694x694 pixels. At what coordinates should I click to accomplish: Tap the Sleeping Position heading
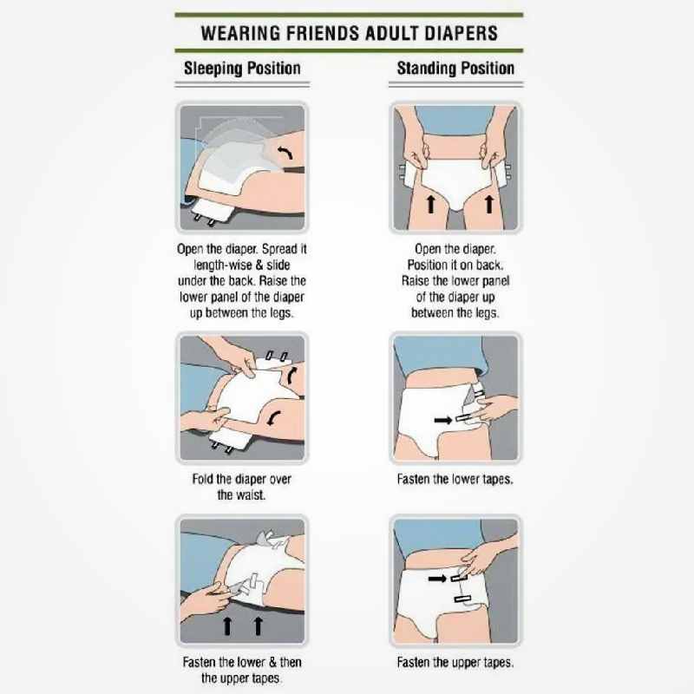point(242,69)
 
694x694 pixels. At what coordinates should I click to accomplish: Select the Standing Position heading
point(455,69)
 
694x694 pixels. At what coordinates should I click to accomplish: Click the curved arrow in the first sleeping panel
point(285,154)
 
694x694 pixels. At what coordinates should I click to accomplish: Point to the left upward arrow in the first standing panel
point(430,205)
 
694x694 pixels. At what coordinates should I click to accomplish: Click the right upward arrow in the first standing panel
point(488,205)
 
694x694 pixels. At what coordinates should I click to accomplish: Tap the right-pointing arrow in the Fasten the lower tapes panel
point(442,420)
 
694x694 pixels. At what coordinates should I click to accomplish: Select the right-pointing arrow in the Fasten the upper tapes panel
point(438,579)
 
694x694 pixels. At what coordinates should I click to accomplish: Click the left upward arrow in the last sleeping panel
point(227,626)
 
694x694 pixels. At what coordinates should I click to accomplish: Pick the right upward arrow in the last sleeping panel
point(258,626)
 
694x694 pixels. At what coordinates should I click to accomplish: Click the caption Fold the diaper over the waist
point(242,487)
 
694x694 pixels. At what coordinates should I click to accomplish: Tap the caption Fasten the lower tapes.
point(455,480)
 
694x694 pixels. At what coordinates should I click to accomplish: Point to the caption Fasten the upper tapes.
point(455,663)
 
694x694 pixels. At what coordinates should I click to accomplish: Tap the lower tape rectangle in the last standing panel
point(462,599)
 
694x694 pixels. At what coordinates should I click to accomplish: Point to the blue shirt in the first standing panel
point(455,121)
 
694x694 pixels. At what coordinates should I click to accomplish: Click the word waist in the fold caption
point(253,494)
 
